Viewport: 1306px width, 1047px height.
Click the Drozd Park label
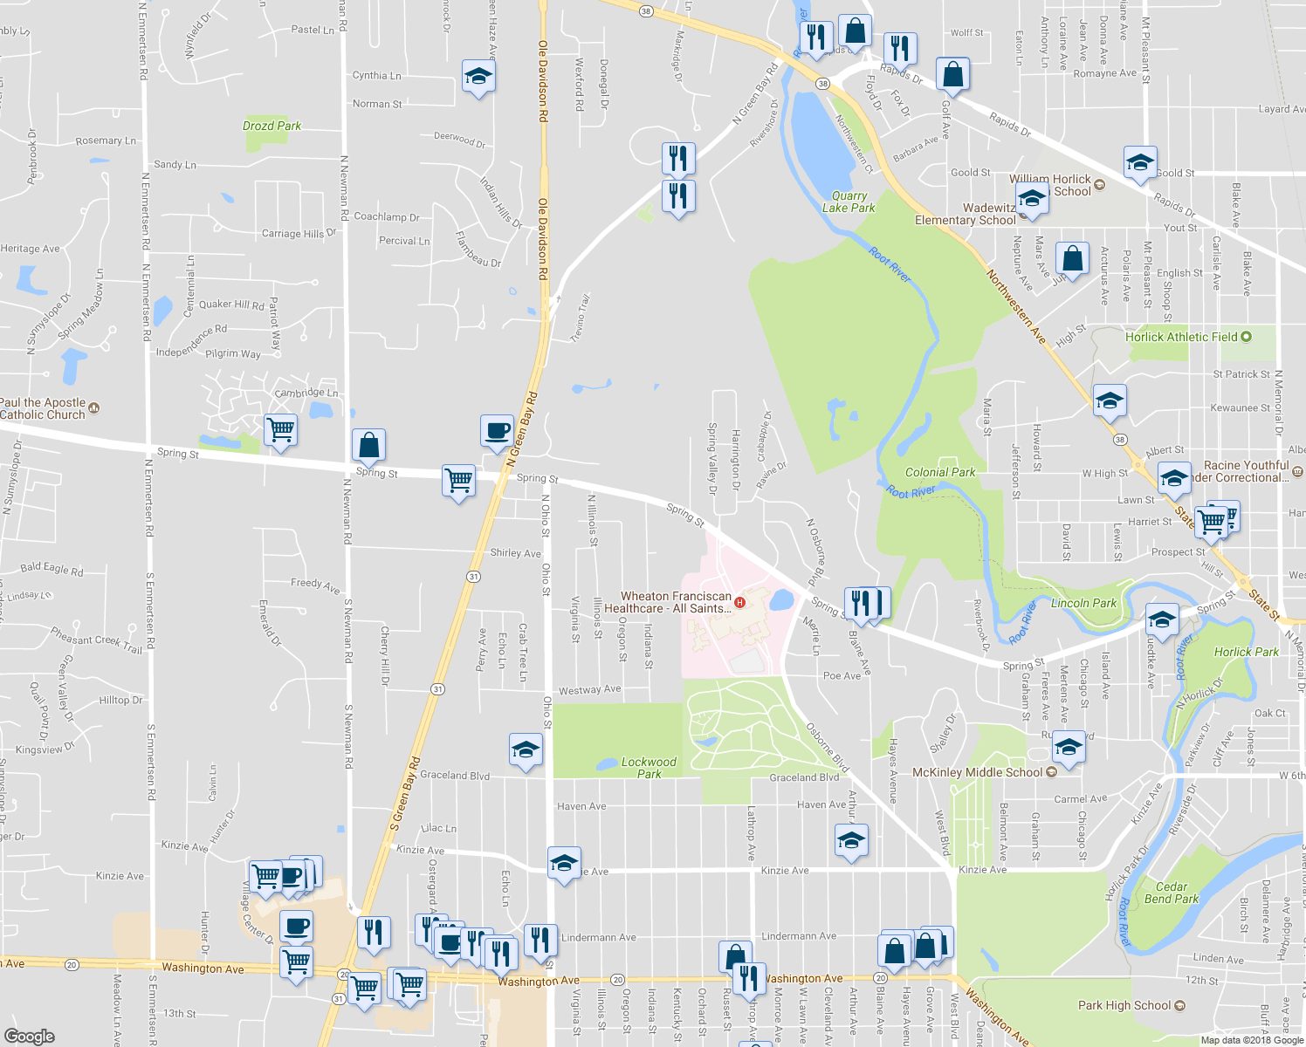pyautogui.click(x=272, y=126)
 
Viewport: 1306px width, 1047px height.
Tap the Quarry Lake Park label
pyautogui.click(x=849, y=202)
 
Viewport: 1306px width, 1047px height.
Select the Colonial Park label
pyautogui.click(x=940, y=472)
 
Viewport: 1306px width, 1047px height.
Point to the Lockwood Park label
pyautogui.click(x=649, y=768)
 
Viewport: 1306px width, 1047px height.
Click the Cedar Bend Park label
pyautogui.click(x=1172, y=893)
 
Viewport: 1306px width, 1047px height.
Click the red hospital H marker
pyautogui.click(x=740, y=602)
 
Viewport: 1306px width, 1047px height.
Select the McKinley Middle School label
pyautogui.click(x=977, y=772)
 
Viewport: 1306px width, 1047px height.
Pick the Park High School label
pyautogui.click(x=1124, y=1005)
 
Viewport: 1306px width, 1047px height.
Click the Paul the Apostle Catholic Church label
pyautogui.click(x=44, y=408)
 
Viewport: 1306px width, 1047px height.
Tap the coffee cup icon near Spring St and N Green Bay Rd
pyautogui.click(x=497, y=431)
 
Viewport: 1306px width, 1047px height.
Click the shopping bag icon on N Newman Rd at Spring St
pyautogui.click(x=369, y=445)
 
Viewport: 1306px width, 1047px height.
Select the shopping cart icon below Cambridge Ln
pyautogui.click(x=280, y=429)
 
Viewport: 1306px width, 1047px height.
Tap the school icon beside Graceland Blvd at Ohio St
pyautogui.click(x=526, y=750)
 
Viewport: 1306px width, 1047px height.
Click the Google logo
pyautogui.click(x=29, y=1036)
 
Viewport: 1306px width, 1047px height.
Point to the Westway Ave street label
pyautogui.click(x=590, y=690)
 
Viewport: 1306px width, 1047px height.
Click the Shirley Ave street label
pyautogui.click(x=515, y=553)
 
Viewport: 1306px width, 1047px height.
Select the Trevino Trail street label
pyautogui.click(x=581, y=318)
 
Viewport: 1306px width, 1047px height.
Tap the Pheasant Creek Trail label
pyautogui.click(x=96, y=640)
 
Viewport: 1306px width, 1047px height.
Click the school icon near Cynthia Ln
pyautogui.click(x=478, y=77)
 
